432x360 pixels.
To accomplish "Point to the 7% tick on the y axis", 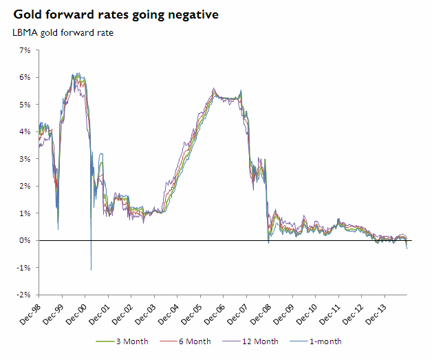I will (26, 50).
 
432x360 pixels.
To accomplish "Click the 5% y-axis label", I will (26, 105).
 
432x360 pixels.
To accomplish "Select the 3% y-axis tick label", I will (26, 159).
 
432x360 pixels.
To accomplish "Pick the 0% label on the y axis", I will (26, 240).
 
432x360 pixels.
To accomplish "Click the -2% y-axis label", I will (25, 295).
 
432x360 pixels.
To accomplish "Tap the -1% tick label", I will (25, 268).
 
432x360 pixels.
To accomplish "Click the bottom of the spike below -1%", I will (91, 270).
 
